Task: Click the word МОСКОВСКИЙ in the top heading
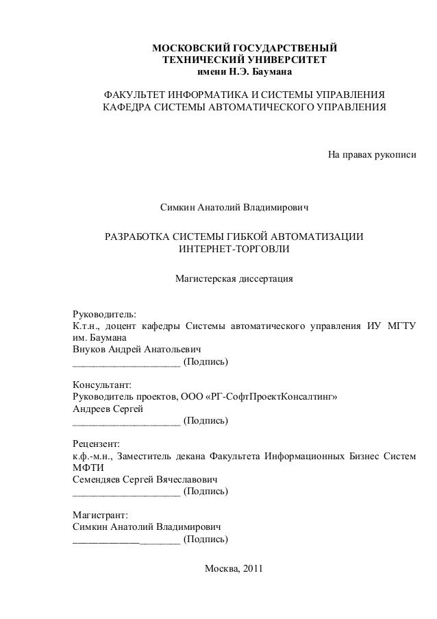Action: (x=190, y=49)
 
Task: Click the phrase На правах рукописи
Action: (x=372, y=156)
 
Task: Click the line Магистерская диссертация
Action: (x=234, y=280)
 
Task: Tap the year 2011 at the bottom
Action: (x=249, y=570)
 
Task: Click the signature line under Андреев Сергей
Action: (x=126, y=421)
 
